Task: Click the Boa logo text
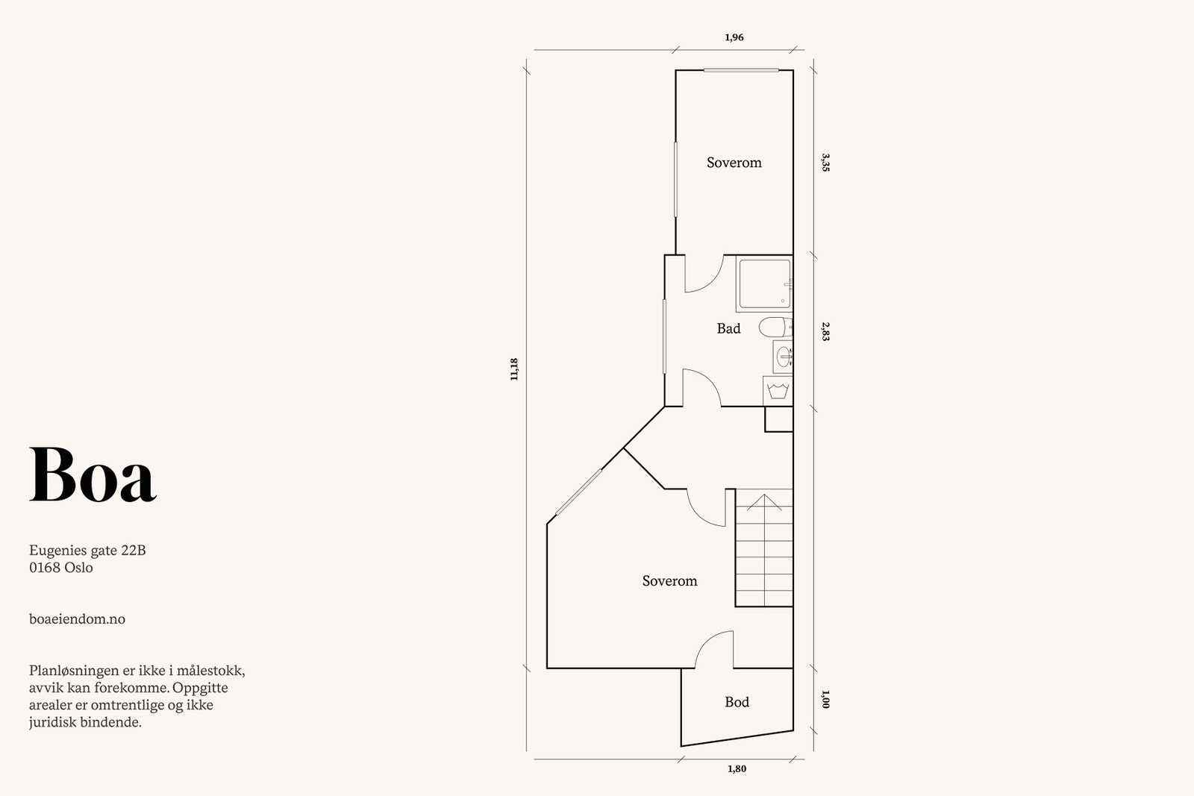tap(93, 474)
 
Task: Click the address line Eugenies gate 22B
tap(87, 551)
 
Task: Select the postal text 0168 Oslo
tap(61, 568)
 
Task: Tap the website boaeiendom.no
tap(77, 619)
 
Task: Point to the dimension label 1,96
tap(734, 37)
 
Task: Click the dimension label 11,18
tap(513, 369)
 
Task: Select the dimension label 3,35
tap(825, 163)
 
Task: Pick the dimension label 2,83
tap(825, 331)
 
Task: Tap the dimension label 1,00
tap(825, 700)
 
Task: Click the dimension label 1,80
tap(737, 769)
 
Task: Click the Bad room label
tap(728, 328)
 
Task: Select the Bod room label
tap(737, 702)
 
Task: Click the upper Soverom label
tap(734, 163)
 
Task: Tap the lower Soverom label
tap(669, 581)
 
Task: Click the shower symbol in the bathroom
tap(763, 283)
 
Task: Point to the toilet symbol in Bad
tap(774, 327)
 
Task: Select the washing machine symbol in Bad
tap(778, 390)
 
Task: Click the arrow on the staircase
tap(764, 502)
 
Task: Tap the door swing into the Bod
tap(715, 649)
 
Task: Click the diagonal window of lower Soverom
tap(579, 491)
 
